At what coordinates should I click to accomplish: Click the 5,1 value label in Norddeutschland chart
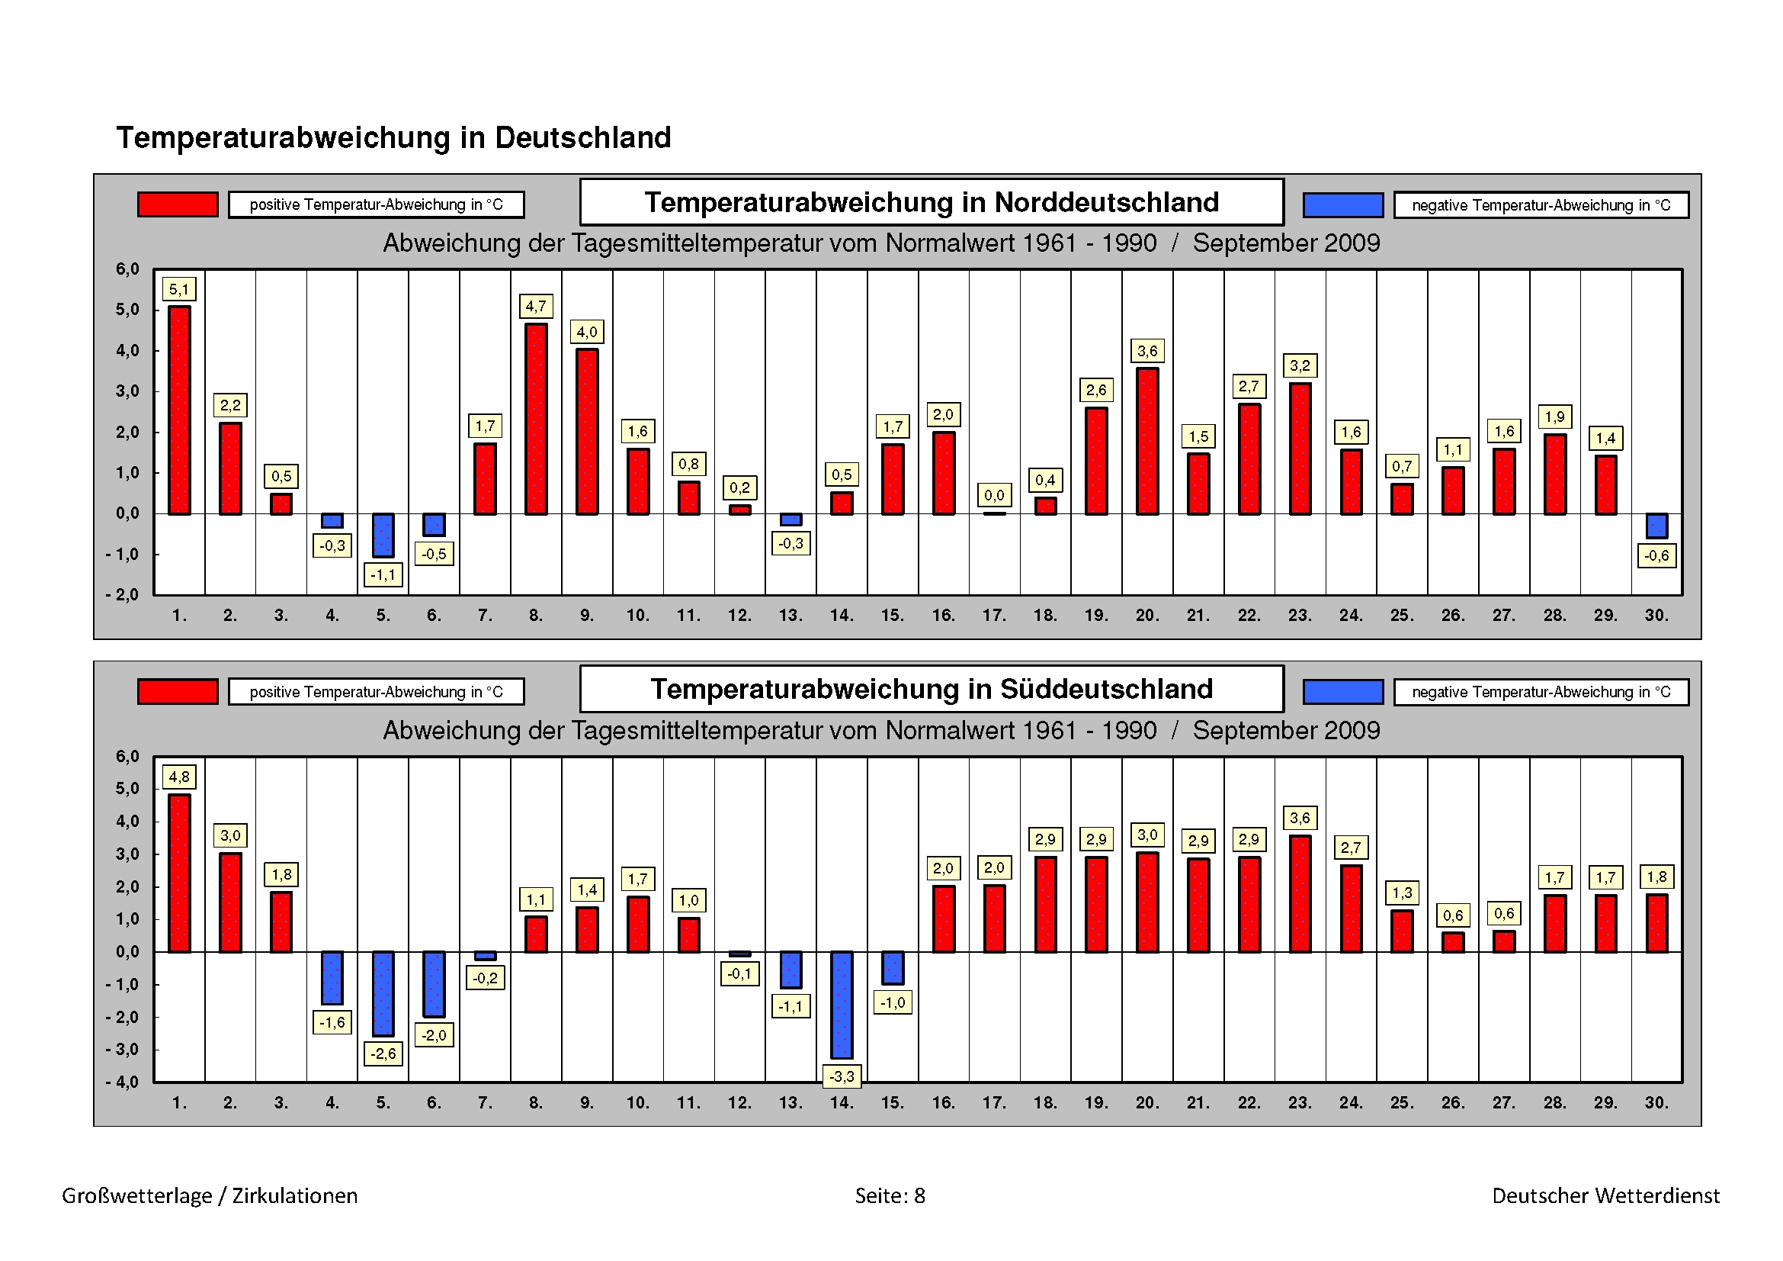click(x=178, y=290)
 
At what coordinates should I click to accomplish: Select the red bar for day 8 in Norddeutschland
click(x=536, y=420)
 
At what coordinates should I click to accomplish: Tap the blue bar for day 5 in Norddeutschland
click(x=383, y=536)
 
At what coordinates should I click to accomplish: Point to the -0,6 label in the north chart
click(x=1656, y=555)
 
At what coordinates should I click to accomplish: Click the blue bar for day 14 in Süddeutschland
click(x=842, y=1005)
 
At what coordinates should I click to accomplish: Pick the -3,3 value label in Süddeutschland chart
click(x=842, y=1076)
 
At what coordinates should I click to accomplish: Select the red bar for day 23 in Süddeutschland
click(x=1300, y=893)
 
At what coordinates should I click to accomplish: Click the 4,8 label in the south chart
click(x=178, y=777)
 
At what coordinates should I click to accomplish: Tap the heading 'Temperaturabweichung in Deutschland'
click(x=393, y=137)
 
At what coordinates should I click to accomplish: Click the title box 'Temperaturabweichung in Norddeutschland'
click(x=931, y=202)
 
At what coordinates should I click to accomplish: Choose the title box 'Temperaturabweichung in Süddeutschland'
click(x=931, y=689)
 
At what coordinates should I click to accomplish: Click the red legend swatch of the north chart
click(x=178, y=204)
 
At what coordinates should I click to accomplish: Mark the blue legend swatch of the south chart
click(x=1342, y=691)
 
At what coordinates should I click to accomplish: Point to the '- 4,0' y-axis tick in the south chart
click(x=123, y=1082)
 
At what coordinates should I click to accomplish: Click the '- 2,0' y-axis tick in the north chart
click(x=123, y=594)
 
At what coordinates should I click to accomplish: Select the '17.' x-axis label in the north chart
click(x=994, y=616)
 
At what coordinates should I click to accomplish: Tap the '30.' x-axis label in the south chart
click(x=1656, y=1102)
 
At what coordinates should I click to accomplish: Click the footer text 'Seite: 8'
click(x=890, y=1195)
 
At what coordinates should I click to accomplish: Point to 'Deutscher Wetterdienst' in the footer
click(x=1606, y=1195)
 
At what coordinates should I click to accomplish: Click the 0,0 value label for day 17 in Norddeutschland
click(x=994, y=495)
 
